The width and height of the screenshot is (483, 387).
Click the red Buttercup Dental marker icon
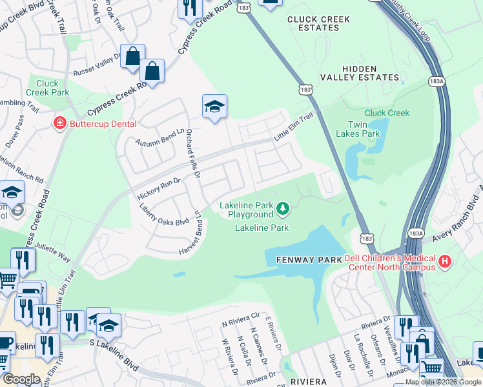click(x=59, y=123)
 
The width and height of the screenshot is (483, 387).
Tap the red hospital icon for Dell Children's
click(x=444, y=262)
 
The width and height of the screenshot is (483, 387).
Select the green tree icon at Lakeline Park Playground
click(x=282, y=208)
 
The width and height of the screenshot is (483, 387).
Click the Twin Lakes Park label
click(x=358, y=129)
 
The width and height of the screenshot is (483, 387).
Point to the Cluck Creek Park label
click(x=47, y=88)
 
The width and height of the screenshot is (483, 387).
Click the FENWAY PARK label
click(x=304, y=259)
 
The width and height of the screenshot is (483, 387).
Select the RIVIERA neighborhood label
click(x=308, y=381)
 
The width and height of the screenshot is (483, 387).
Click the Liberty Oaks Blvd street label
click(x=164, y=215)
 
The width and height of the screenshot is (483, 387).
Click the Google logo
click(x=21, y=379)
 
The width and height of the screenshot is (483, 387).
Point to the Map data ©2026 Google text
click(x=442, y=382)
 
